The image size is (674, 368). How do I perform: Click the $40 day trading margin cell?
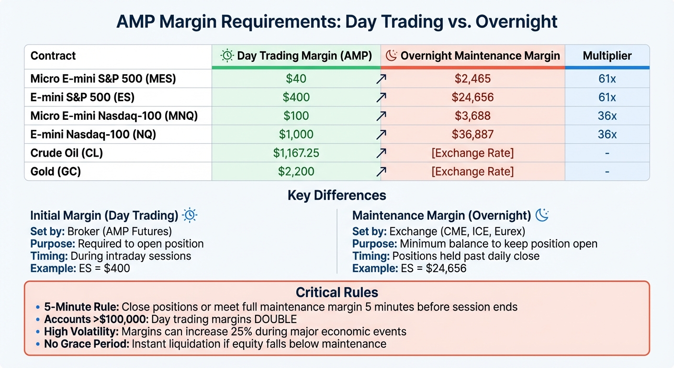point(296,79)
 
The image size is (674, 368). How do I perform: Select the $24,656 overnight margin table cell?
point(472,97)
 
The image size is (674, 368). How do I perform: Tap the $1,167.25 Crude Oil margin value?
point(296,153)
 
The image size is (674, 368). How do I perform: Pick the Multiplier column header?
point(607,56)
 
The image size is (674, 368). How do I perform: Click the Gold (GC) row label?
point(56,172)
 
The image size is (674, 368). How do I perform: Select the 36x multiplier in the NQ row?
point(607,135)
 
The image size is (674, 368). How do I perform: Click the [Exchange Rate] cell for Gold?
point(472,172)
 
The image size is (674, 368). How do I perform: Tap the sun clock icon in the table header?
point(227,56)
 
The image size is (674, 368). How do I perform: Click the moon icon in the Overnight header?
point(391,56)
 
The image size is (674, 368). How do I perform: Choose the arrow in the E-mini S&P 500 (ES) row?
point(381,98)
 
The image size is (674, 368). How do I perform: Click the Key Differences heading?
point(337,195)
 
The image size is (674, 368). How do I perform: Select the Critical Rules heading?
point(337,292)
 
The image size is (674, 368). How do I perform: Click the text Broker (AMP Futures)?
point(119,231)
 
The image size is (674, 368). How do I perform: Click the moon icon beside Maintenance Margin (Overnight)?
point(541,216)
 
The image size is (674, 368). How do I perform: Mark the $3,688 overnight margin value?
point(472,116)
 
